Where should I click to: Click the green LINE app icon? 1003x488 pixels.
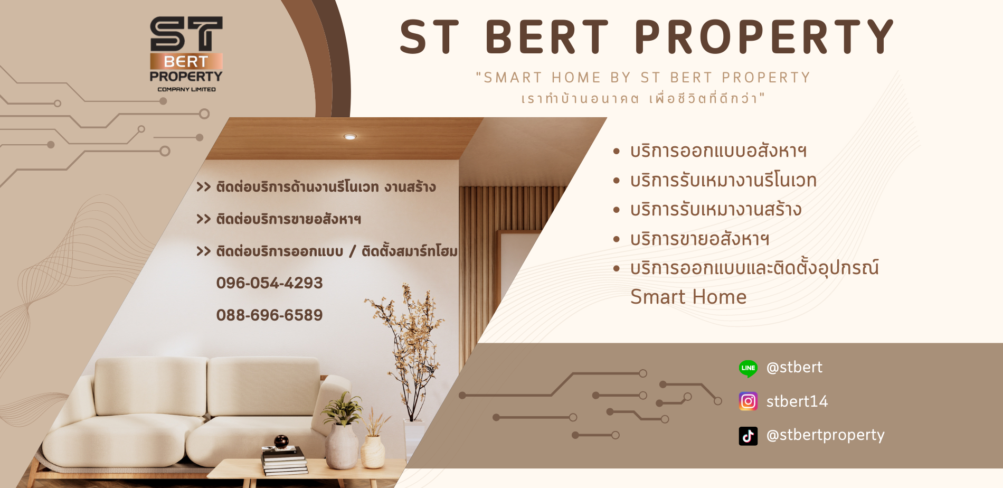(748, 368)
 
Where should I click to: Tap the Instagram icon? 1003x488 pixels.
(748, 401)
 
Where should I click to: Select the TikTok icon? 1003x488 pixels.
(748, 436)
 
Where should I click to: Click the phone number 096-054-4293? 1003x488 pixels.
(269, 283)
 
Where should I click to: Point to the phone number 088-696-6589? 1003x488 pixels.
(269, 315)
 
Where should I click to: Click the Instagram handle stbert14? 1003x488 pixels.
(797, 401)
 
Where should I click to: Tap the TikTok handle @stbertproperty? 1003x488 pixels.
(825, 435)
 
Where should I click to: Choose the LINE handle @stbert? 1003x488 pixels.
(794, 367)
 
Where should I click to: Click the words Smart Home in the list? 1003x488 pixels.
(688, 297)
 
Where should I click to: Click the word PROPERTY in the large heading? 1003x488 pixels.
(764, 37)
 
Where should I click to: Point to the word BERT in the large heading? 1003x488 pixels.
(547, 37)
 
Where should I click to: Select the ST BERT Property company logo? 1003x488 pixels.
(186, 54)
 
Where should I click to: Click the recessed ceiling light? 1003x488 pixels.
(350, 137)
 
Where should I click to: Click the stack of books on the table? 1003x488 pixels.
(285, 461)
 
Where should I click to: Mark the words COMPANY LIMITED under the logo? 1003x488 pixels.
(186, 89)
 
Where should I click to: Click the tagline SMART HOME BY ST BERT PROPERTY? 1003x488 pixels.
(643, 78)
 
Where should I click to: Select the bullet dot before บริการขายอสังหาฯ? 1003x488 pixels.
(616, 239)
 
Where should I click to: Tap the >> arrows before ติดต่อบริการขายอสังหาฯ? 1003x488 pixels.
(203, 219)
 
